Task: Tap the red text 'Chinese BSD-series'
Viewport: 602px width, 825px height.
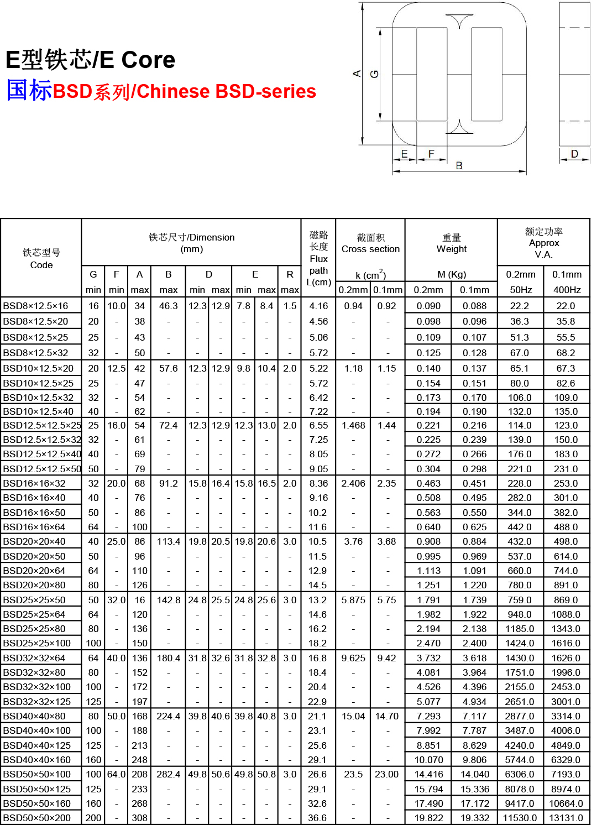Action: pos(227,91)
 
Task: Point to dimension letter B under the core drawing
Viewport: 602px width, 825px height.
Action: pos(459,165)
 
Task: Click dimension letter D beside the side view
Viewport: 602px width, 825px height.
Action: pos(574,154)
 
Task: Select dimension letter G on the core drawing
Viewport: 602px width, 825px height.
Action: pos(374,74)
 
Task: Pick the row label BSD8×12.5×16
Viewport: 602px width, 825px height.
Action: pos(35,306)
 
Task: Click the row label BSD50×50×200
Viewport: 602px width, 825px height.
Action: pos(37,818)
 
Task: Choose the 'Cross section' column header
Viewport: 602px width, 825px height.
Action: pos(370,249)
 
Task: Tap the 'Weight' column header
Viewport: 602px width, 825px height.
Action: pos(451,249)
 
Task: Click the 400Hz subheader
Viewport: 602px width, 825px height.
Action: pos(567,290)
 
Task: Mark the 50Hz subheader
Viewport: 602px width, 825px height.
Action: pos(521,290)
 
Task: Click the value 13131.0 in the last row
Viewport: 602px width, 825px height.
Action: pos(566,818)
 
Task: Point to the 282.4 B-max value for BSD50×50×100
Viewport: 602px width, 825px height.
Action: pos(168,774)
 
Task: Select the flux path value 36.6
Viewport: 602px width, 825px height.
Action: pos(317,818)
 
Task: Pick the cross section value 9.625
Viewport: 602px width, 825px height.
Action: pos(353,658)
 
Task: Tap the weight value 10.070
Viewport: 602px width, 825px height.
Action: pos(428,760)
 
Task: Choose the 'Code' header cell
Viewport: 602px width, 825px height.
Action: pos(41,265)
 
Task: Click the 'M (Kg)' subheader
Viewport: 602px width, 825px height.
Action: pos(451,274)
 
